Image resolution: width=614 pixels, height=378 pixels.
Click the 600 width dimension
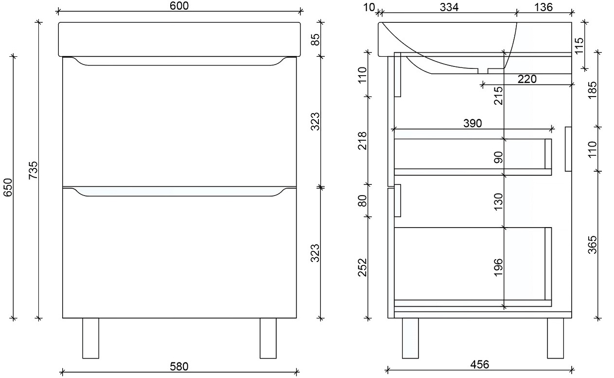click(x=179, y=6)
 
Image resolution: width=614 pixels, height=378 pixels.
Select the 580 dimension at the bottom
click(x=179, y=365)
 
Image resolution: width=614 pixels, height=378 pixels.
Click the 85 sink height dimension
click(x=315, y=39)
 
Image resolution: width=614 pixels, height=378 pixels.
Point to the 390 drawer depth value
click(x=472, y=123)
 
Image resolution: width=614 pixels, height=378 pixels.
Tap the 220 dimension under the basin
click(x=527, y=79)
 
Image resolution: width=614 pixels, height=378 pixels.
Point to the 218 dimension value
click(x=362, y=140)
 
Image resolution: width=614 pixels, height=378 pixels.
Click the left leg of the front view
click(x=90, y=338)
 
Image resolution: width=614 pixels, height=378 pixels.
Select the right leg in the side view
click(x=555, y=338)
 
